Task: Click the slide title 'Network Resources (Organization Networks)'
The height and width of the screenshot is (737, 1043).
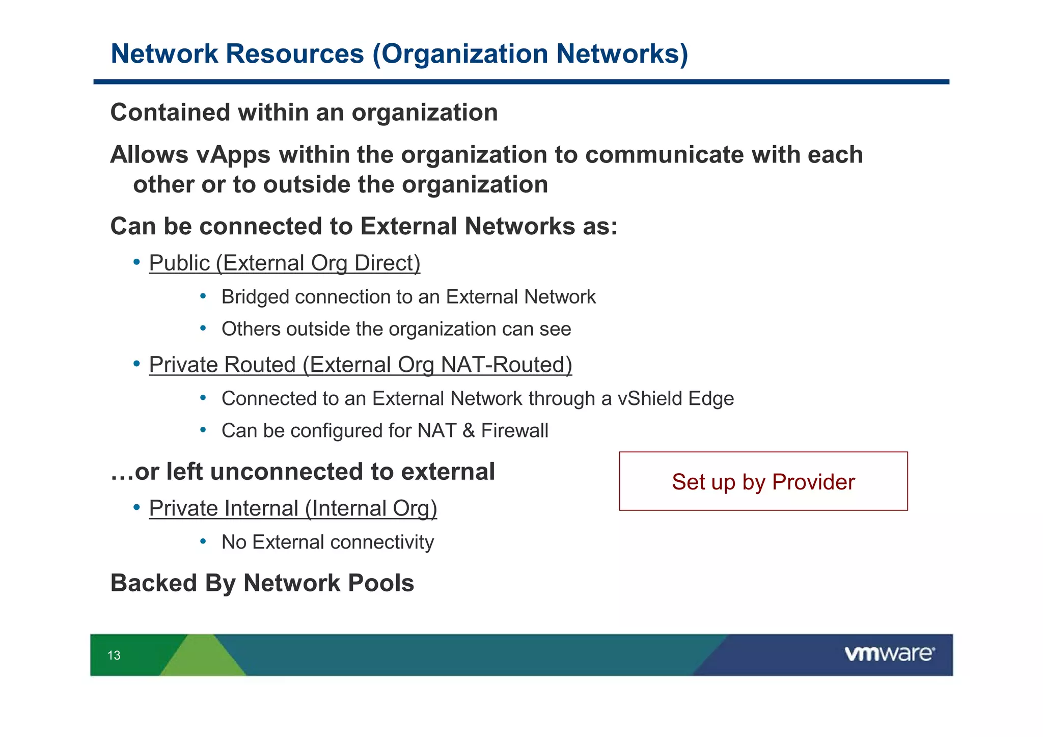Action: [399, 53]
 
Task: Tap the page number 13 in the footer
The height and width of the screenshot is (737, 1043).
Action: [114, 656]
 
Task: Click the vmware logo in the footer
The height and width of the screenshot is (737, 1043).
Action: [889, 653]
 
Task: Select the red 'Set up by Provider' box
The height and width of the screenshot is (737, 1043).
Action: [763, 481]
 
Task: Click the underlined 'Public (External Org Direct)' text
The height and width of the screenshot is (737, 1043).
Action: [284, 263]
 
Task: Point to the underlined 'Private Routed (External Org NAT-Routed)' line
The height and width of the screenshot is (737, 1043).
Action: [360, 365]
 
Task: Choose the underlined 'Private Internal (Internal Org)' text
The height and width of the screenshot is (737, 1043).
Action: [293, 508]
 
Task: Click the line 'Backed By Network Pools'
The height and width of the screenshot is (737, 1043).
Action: [262, 583]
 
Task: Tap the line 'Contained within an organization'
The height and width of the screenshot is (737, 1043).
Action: [304, 113]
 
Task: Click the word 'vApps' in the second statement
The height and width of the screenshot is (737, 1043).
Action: [233, 155]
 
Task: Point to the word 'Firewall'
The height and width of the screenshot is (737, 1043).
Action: [514, 431]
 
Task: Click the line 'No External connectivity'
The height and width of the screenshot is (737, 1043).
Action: [327, 542]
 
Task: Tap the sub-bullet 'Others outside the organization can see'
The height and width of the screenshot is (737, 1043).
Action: [396, 329]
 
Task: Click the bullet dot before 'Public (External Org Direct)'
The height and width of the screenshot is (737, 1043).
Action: [136, 262]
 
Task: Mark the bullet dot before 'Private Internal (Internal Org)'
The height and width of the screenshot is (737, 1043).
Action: [136, 507]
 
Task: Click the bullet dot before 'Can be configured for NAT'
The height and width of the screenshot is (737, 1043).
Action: [203, 430]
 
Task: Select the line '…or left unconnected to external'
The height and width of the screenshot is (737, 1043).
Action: [303, 472]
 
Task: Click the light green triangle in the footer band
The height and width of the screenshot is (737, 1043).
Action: [204, 660]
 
